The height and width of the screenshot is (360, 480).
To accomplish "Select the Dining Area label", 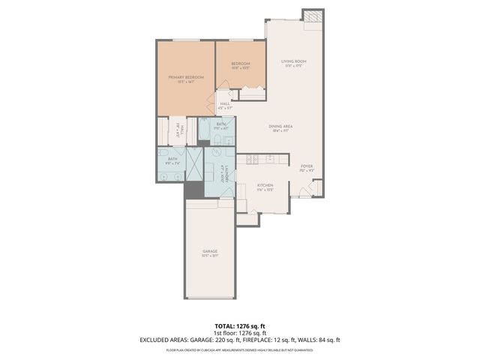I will (280, 127).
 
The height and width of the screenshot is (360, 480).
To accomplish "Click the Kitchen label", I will (265, 185).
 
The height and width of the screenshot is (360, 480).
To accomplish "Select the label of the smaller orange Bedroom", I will (240, 64).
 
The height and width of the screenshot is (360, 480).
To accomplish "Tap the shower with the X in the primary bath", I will (194, 164).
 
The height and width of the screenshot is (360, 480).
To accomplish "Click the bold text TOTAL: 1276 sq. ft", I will (240, 325).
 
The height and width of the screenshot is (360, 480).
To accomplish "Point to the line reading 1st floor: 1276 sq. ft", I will (240, 332).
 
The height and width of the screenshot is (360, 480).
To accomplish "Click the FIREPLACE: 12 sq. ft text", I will (274, 340).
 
